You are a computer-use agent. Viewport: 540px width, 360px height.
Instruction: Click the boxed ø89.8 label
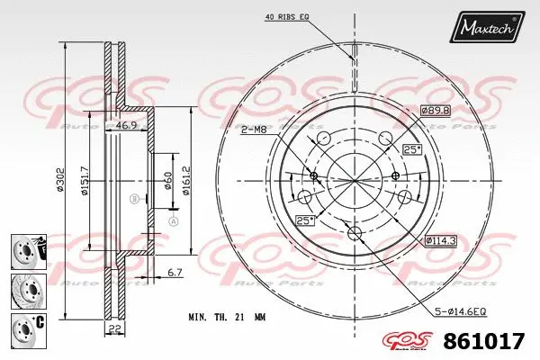pos(435,110)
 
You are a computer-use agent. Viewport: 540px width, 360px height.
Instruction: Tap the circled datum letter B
pos(133,199)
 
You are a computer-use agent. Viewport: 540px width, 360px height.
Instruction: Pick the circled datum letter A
pos(175,220)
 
